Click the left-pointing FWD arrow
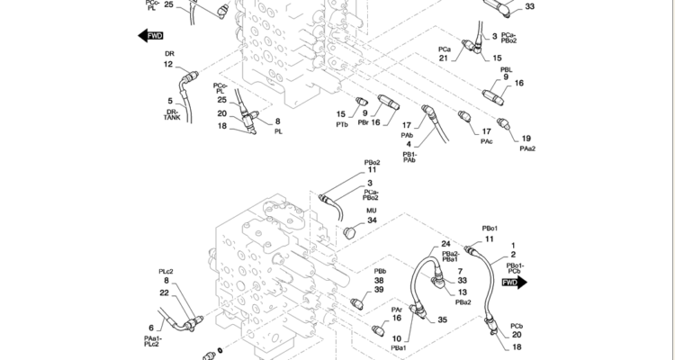150,36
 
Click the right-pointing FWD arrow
515,283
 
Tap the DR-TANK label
172,114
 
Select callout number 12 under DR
168,64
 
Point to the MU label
371,211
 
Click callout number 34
372,220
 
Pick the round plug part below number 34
349,233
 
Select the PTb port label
342,125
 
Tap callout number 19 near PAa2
526,139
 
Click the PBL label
506,70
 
